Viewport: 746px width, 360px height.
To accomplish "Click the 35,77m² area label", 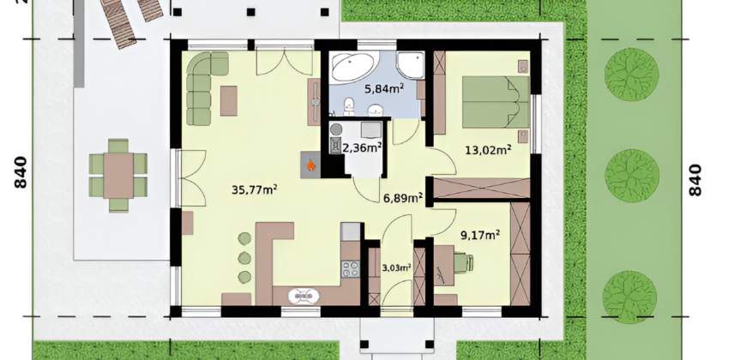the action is tap(255, 189).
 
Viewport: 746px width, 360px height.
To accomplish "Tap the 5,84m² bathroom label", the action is tap(384, 88).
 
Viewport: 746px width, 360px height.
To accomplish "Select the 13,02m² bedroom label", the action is tap(488, 150).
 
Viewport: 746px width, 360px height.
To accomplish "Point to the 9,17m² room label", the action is tap(480, 235).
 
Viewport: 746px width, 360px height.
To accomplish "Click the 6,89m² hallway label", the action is tap(404, 198).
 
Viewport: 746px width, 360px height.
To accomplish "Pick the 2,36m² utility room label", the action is tap(362, 148).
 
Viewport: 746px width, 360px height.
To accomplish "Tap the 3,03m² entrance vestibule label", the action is tap(397, 267).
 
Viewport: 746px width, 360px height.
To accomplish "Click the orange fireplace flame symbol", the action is tap(310, 165).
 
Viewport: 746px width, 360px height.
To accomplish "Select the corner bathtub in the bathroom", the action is tap(353, 67).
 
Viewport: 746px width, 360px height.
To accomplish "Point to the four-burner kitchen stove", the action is tap(351, 269).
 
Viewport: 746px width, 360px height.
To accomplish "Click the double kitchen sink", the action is tap(304, 297).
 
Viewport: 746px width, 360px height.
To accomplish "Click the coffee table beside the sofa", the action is tap(229, 101).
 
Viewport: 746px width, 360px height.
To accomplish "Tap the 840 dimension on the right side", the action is tap(695, 180).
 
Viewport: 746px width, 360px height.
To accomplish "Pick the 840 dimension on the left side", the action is tap(21, 172).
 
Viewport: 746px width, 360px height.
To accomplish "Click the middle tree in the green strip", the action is tap(632, 176).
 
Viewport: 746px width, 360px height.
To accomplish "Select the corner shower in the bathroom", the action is tap(410, 65).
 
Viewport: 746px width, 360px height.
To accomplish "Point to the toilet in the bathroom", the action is tap(349, 106).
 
